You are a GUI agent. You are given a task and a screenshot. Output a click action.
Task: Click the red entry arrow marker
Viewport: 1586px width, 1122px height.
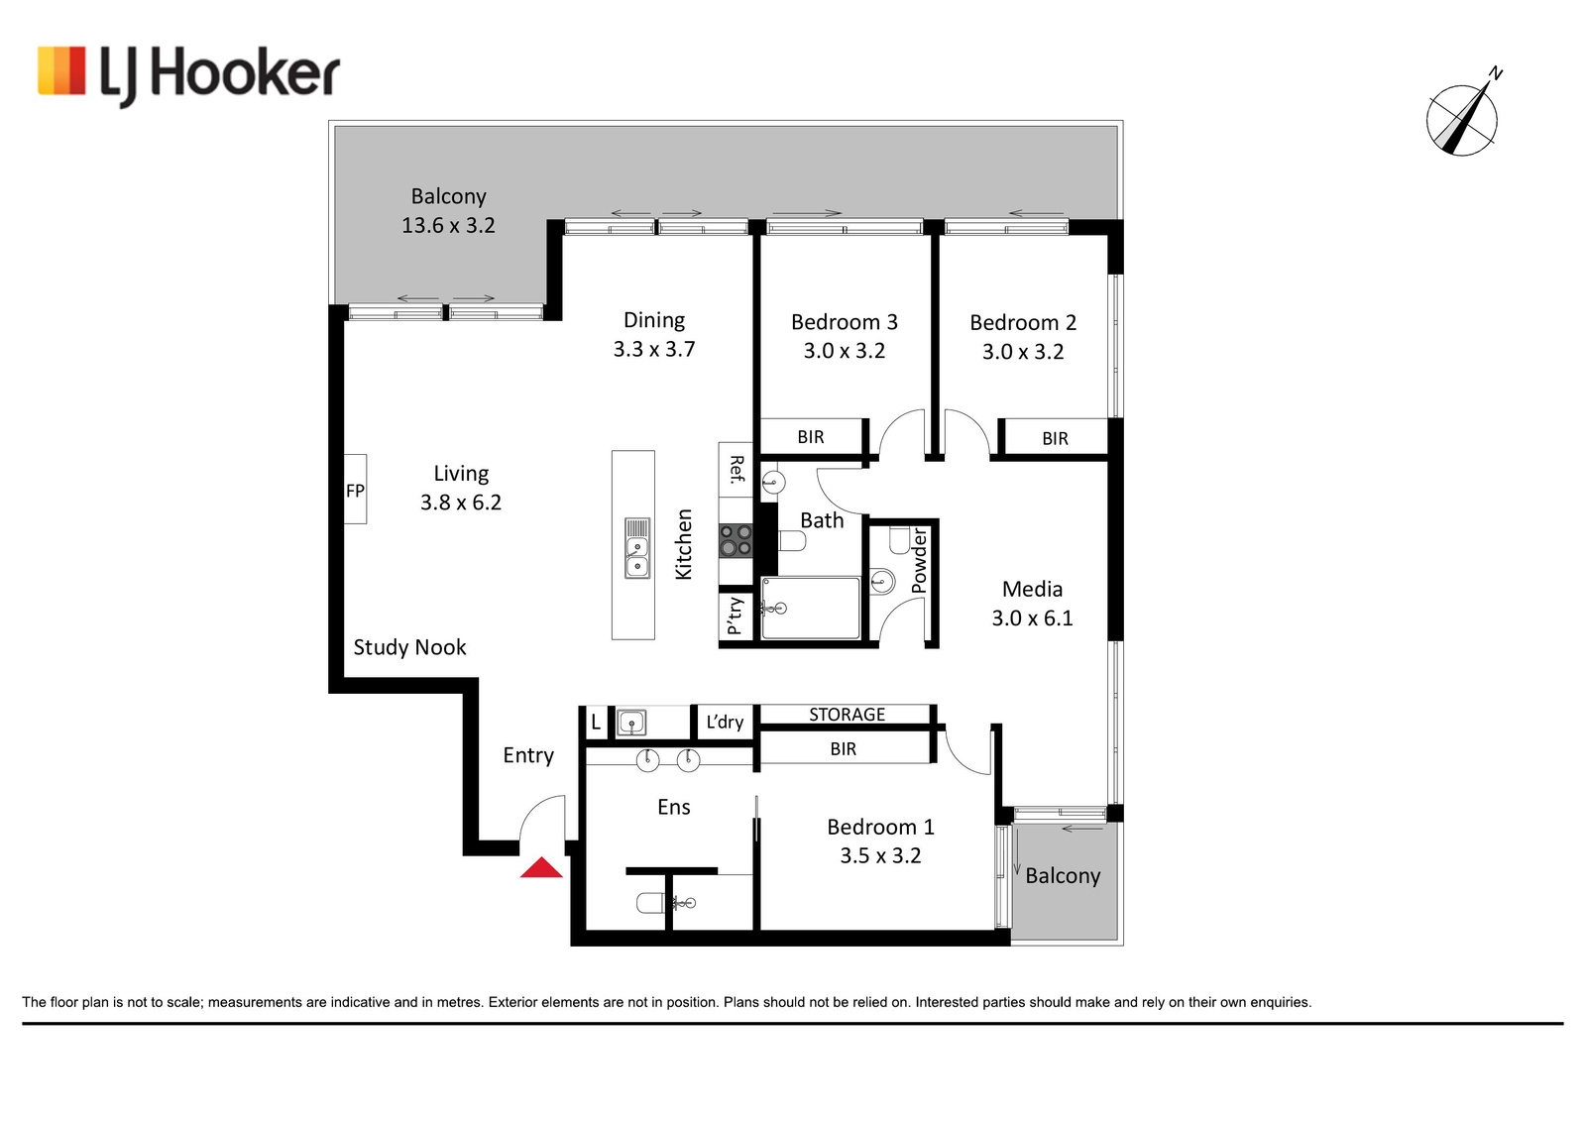(x=541, y=868)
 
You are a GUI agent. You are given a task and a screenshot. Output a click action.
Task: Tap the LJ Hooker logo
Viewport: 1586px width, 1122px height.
(x=188, y=74)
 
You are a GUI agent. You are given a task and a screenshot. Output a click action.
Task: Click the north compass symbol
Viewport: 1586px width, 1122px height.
(x=1463, y=117)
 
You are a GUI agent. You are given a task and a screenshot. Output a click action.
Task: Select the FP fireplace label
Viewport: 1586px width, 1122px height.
(x=356, y=491)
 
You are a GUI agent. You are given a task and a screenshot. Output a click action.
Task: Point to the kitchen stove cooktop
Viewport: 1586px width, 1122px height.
(x=736, y=540)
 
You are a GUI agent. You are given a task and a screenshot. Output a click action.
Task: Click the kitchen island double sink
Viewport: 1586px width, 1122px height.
(x=637, y=549)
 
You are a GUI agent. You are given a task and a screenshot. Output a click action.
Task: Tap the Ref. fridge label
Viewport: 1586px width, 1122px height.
(x=737, y=469)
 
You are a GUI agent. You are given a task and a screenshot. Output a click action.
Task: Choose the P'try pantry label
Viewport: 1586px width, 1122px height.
(x=735, y=616)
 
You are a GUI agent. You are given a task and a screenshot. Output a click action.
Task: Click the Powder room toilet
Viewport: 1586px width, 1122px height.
(x=899, y=539)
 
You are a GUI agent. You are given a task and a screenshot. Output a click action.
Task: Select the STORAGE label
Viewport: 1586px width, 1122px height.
(x=847, y=715)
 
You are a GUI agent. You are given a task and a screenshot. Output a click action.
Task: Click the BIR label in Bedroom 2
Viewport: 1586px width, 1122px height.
(x=1055, y=439)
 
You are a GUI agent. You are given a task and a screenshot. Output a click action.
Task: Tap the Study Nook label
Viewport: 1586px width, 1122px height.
(x=410, y=647)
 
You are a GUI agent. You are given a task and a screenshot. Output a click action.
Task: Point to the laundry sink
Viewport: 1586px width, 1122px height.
(x=630, y=723)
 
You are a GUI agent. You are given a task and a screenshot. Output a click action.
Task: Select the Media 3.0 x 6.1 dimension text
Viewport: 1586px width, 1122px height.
(x=1032, y=617)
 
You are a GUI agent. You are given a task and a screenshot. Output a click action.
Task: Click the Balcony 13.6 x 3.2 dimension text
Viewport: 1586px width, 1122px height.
(x=448, y=225)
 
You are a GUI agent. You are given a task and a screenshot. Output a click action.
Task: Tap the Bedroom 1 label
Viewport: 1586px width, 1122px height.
(x=881, y=827)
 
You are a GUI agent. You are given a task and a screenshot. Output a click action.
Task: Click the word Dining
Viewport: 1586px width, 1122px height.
(x=654, y=321)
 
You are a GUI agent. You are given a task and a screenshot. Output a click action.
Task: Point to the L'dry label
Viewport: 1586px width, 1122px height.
(x=725, y=722)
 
